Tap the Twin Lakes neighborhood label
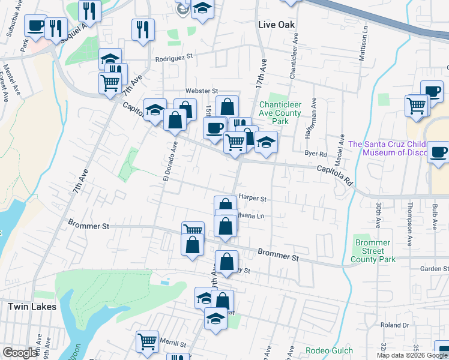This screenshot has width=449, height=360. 32,307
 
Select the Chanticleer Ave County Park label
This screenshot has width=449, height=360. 280,113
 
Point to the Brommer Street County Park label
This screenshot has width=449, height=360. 373,251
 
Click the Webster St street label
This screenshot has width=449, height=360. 201,91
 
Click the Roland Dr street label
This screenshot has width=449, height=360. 394,325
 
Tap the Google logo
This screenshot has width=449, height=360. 20,353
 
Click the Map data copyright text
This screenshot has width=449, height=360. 412,355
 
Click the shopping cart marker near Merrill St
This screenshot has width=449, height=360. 147,341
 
